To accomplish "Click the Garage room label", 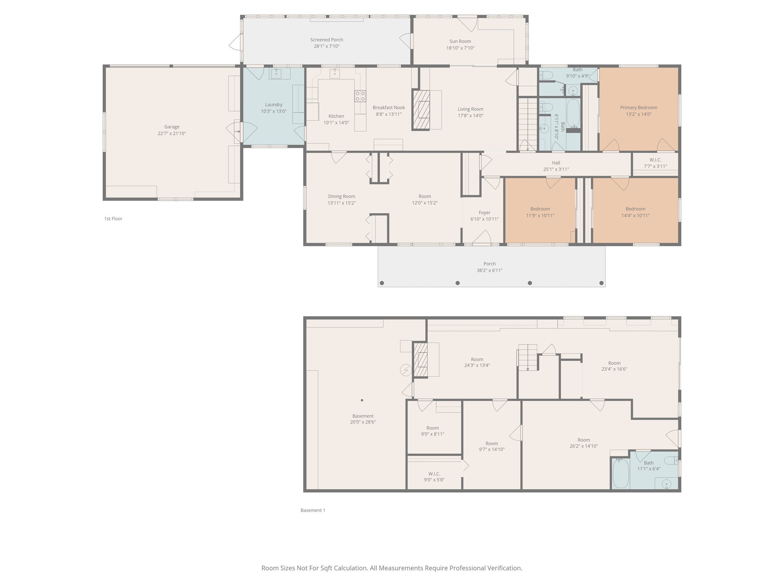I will click(x=171, y=127).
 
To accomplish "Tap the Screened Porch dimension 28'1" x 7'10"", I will click(x=327, y=46).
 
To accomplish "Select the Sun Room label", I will click(x=460, y=41).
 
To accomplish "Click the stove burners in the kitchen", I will click(x=360, y=96).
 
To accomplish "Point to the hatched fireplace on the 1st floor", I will click(x=421, y=109).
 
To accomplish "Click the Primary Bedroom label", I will click(x=639, y=108).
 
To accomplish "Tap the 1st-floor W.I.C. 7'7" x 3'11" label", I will click(x=655, y=163).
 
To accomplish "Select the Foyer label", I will click(x=484, y=212).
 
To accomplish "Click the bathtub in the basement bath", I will click(x=620, y=474).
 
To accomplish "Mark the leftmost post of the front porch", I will click(x=382, y=283).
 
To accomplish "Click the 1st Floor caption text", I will click(x=113, y=219).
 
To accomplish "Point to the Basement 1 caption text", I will click(x=313, y=510).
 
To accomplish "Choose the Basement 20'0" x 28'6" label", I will click(x=363, y=419).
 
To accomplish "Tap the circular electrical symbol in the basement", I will click(x=405, y=370).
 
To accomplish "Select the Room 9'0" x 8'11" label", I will click(x=433, y=431).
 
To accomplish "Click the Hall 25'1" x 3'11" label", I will click(x=556, y=166).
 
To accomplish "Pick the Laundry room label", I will click(x=273, y=105).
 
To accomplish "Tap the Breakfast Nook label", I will click(x=389, y=108).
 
